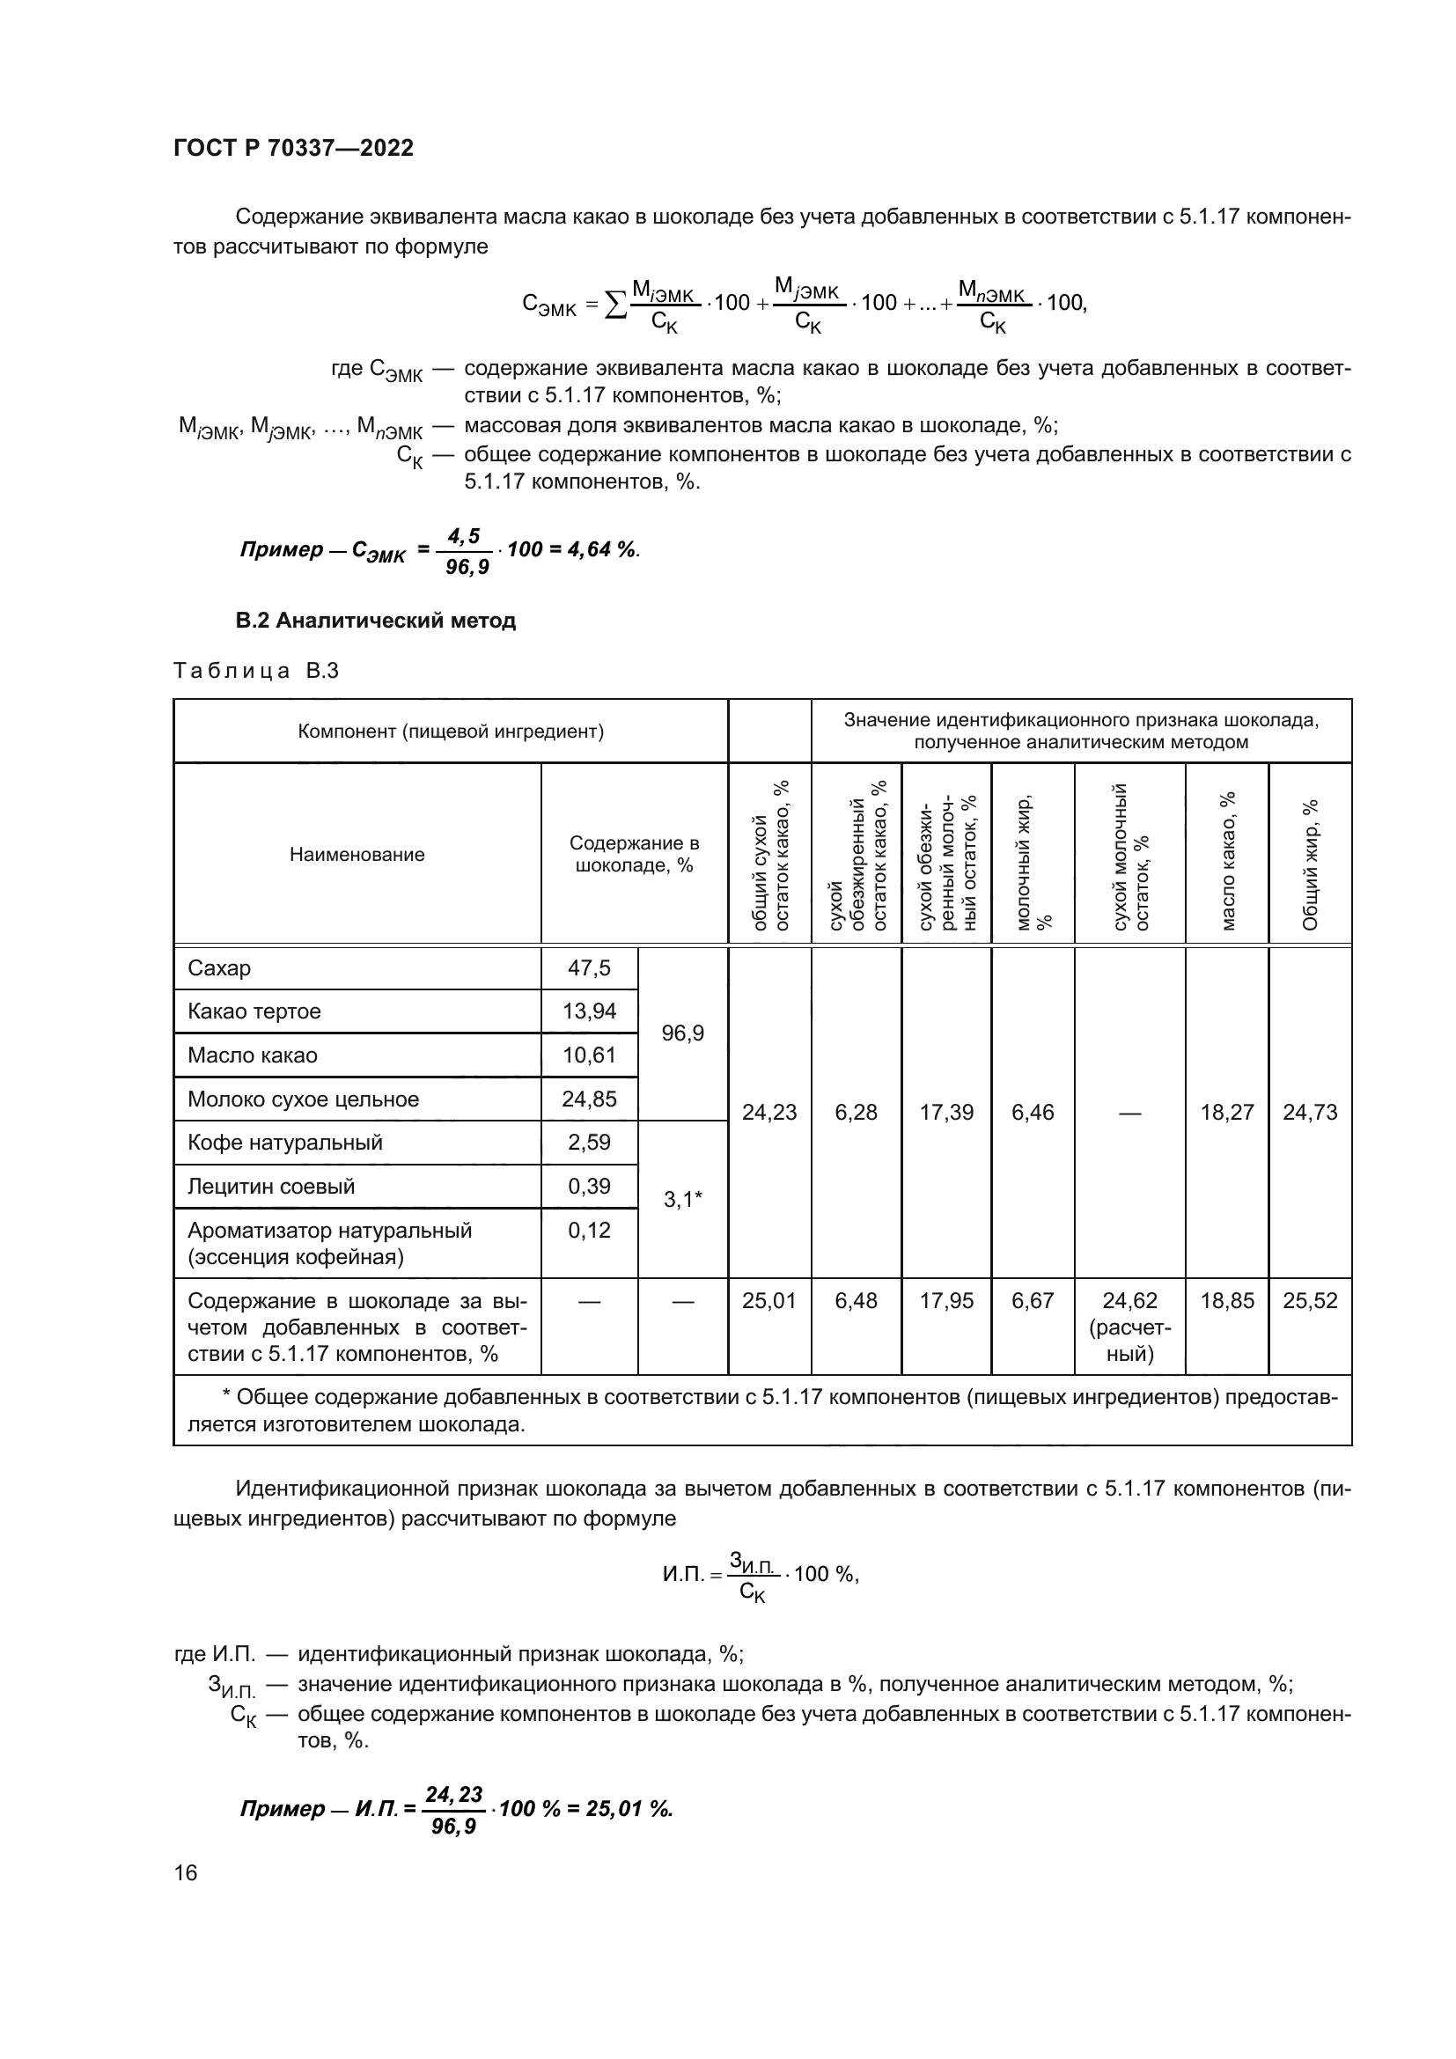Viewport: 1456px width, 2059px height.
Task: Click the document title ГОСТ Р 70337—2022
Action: (293, 149)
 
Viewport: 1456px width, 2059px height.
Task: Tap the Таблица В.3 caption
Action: (255, 671)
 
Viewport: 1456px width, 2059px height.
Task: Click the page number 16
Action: (186, 1872)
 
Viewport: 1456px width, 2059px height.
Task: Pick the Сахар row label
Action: (220, 968)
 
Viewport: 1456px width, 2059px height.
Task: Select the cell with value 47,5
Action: (589, 968)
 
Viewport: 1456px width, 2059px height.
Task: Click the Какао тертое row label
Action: (254, 1011)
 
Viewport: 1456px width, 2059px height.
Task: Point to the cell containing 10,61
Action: (589, 1055)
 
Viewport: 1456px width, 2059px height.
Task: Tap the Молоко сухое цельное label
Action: (303, 1099)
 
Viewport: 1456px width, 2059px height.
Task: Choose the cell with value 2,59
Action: (589, 1143)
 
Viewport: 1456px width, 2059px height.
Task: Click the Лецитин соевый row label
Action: (271, 1187)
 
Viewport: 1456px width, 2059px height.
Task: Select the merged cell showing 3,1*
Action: (682, 1199)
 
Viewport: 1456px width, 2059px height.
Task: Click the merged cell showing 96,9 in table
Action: (682, 1033)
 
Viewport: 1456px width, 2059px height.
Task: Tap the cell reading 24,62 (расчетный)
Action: (1129, 1327)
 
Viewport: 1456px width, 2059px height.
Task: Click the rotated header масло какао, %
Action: (1227, 860)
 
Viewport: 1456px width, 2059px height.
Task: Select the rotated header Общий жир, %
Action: (1310, 864)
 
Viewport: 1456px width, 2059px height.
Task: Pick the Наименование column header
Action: (357, 855)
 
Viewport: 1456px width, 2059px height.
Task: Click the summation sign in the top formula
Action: (615, 305)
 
